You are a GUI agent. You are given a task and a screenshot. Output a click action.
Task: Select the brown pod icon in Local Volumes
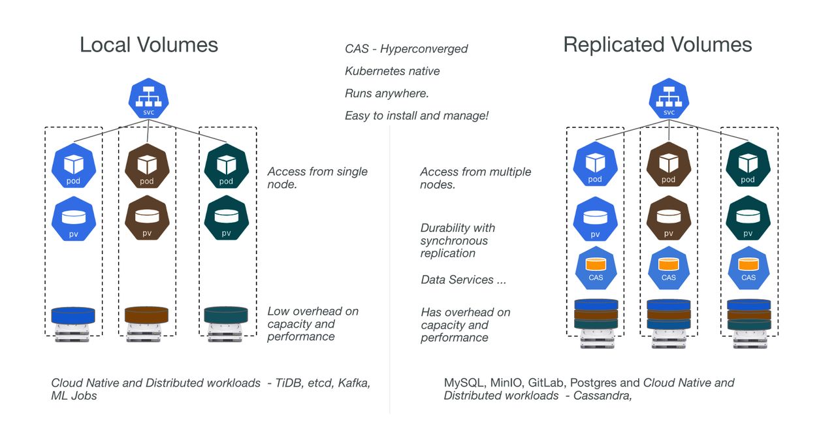click(x=147, y=166)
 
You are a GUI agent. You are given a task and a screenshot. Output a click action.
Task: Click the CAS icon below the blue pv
click(x=595, y=268)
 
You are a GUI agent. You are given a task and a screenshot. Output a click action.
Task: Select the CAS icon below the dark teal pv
click(x=748, y=268)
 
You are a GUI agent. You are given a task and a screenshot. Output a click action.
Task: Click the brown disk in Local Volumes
click(x=147, y=315)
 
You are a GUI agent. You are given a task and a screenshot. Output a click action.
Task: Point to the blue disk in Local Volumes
click(x=73, y=315)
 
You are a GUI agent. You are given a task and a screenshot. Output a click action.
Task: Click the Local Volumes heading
click(x=149, y=44)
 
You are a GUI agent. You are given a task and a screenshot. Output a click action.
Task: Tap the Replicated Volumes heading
click(x=657, y=44)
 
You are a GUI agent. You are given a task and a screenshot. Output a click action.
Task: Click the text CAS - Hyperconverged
click(x=406, y=49)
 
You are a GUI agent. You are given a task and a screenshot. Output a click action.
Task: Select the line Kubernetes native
click(x=392, y=71)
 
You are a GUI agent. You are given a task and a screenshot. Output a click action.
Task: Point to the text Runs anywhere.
click(x=387, y=93)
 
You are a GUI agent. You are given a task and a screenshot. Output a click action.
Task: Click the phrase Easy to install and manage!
click(x=417, y=116)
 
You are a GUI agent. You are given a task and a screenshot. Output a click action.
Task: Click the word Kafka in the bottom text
click(x=353, y=383)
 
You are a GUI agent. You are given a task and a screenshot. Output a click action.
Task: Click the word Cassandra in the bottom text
click(x=602, y=396)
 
